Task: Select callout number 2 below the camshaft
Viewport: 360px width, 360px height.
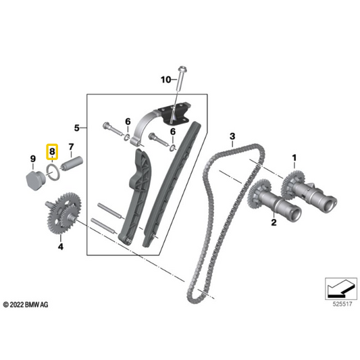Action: pyautogui.click(x=274, y=221)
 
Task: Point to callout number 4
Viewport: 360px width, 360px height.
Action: pyautogui.click(x=60, y=247)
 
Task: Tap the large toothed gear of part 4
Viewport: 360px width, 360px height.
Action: pyautogui.click(x=66, y=211)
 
